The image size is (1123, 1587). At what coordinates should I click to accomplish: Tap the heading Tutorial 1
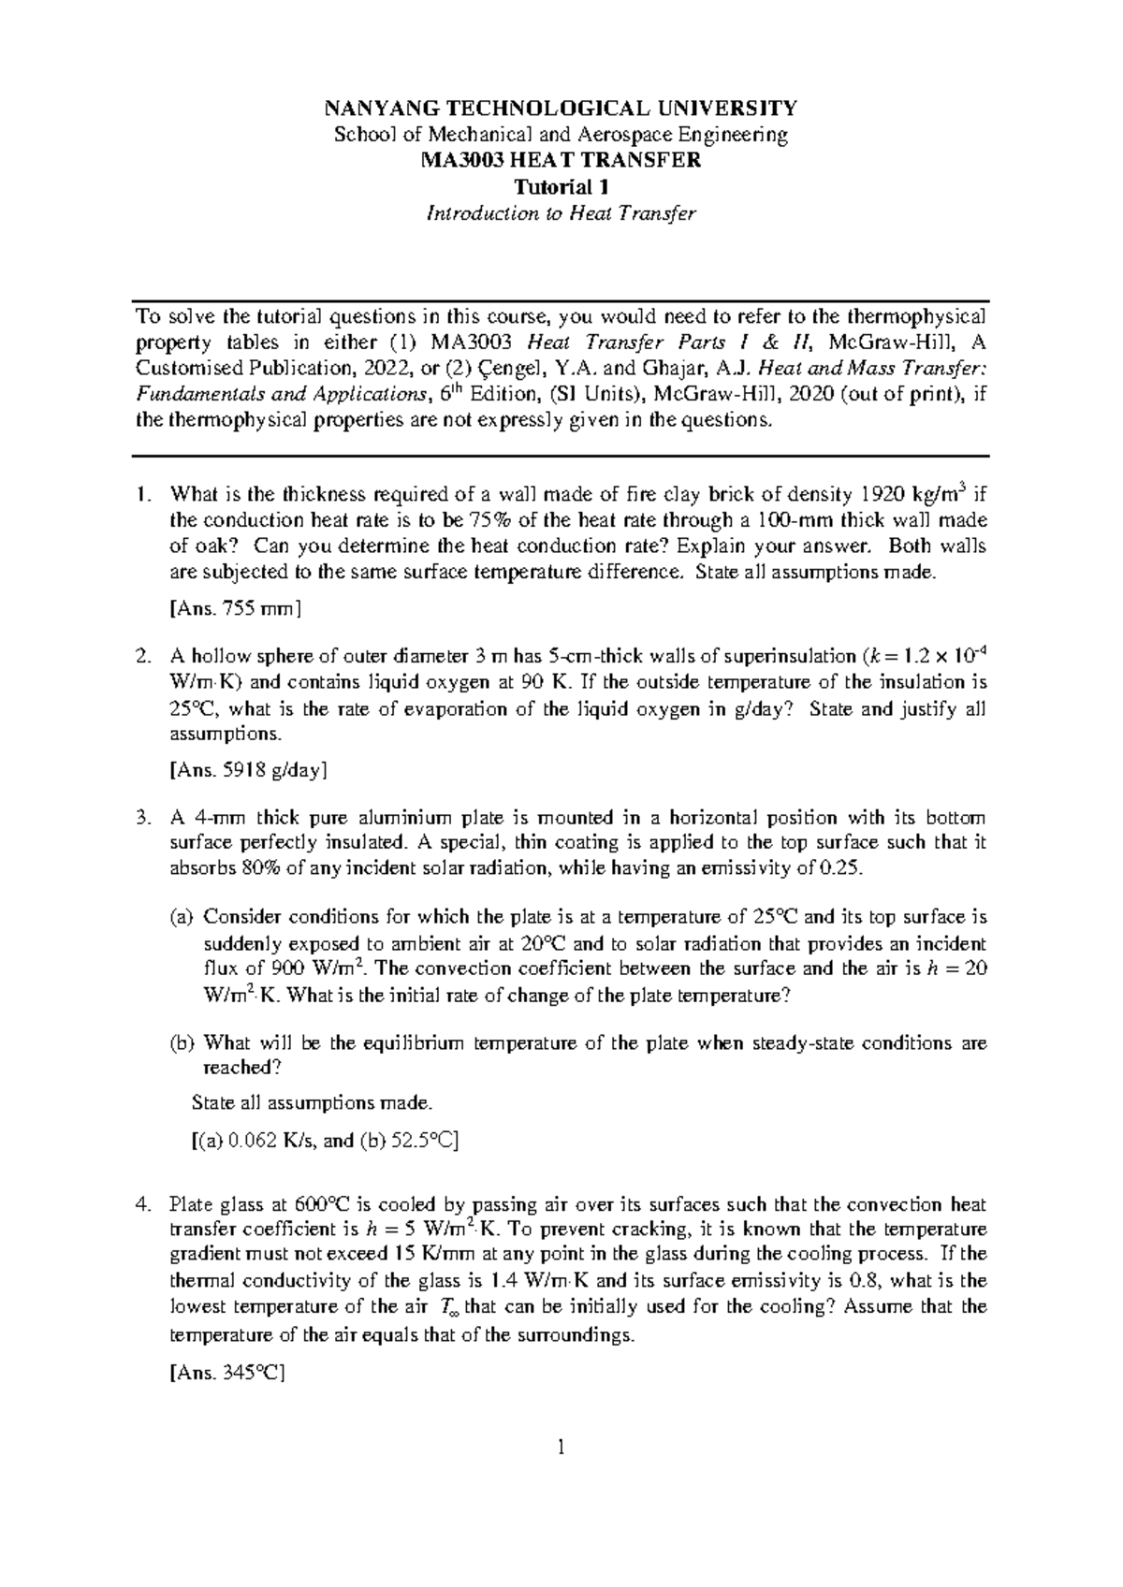click(561, 186)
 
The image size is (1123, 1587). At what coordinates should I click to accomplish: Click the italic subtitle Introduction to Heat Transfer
click(561, 213)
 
